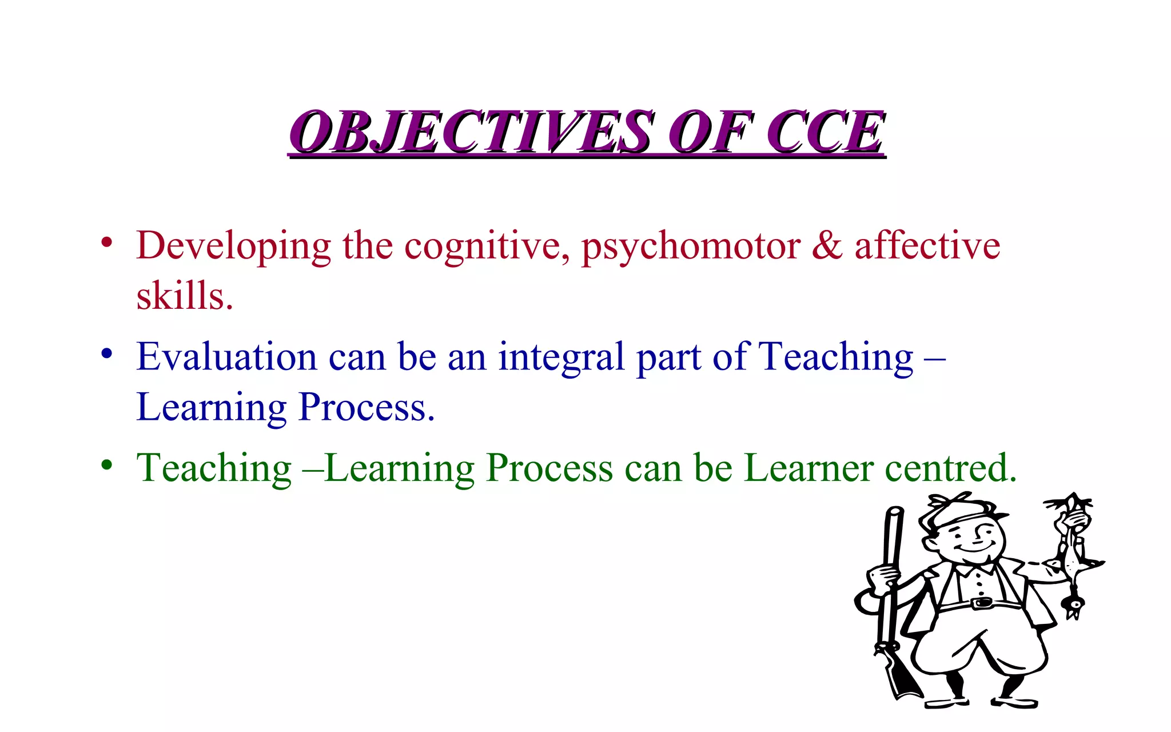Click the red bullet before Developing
106,242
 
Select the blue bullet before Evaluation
106,354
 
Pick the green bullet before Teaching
106,465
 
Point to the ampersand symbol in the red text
827,246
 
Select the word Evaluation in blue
226,357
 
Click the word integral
561,358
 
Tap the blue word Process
365,407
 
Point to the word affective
927,246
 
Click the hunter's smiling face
972,540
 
